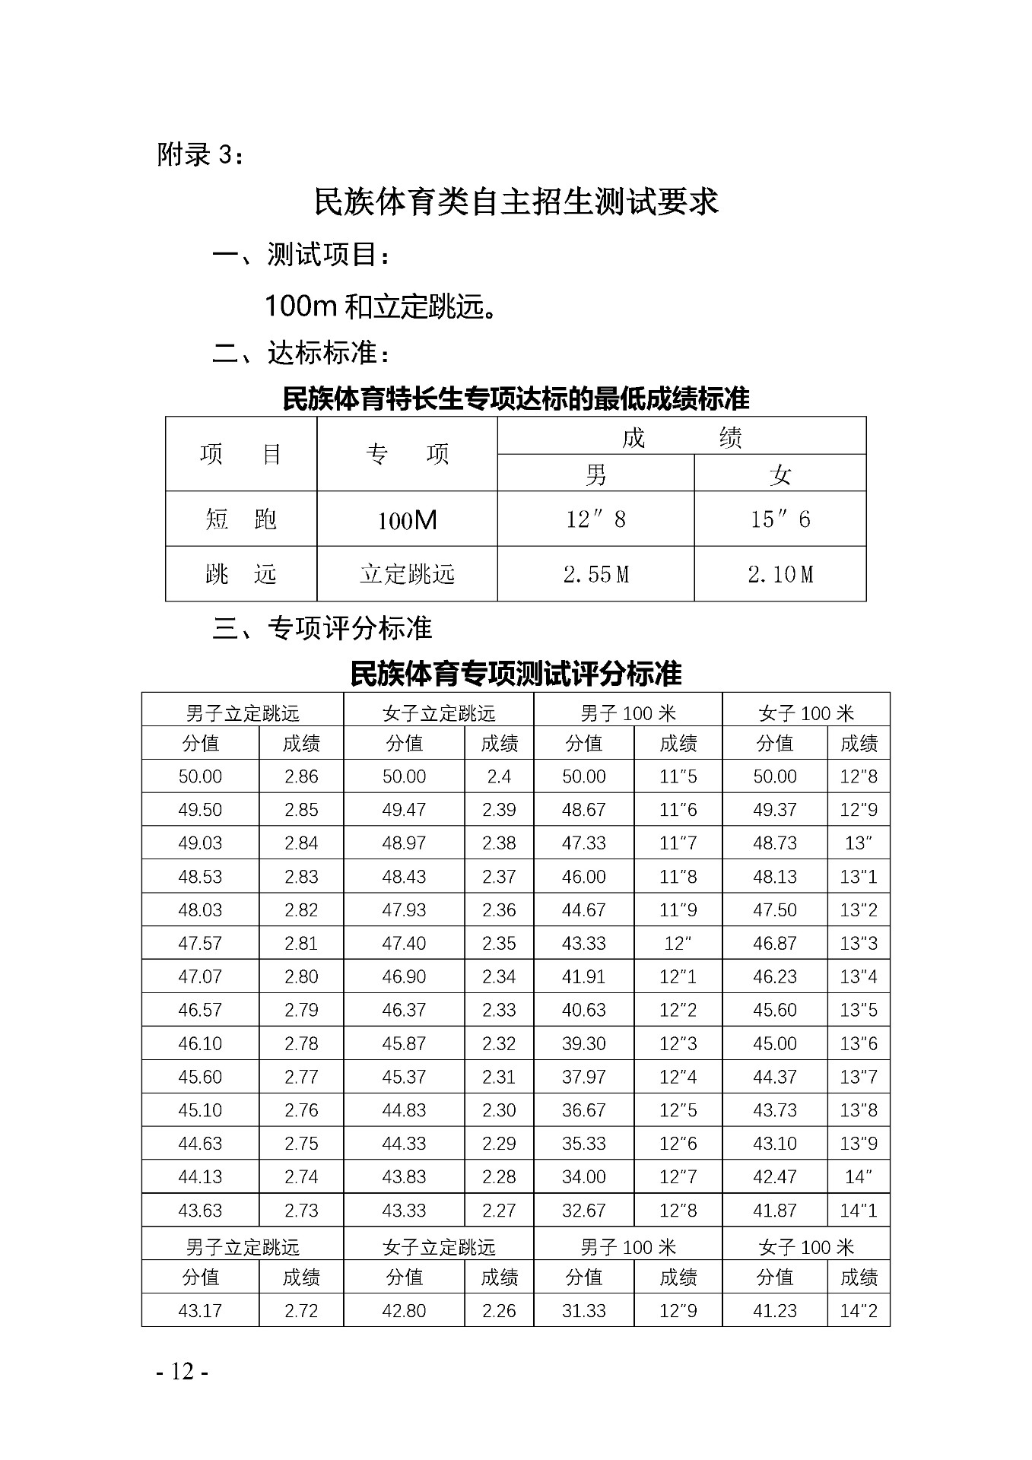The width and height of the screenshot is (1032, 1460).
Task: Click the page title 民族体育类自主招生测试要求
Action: [516, 202]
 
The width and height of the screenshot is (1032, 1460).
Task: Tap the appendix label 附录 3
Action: [201, 154]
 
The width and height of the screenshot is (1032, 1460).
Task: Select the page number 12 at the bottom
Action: [183, 1371]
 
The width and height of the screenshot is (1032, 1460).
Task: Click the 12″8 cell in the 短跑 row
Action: [595, 519]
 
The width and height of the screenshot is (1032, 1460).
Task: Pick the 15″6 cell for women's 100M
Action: [780, 519]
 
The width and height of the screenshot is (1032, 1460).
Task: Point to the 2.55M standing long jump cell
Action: [595, 574]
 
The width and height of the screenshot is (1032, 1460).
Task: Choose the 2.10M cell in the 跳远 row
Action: [780, 574]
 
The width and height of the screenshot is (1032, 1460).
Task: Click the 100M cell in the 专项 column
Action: [407, 520]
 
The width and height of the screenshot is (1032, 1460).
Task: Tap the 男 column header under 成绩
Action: [595, 474]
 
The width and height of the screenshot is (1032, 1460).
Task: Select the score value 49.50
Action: [200, 810]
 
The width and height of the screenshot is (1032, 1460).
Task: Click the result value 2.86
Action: [301, 776]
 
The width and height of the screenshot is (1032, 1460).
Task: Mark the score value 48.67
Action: [583, 810]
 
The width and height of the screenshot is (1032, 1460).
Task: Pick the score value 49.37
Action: [774, 810]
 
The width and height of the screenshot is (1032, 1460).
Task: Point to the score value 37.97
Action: [583, 1077]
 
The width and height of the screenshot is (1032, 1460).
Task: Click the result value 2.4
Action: [499, 776]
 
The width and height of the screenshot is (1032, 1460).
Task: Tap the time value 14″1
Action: [859, 1211]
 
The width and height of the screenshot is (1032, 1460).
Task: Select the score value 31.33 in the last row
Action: [583, 1311]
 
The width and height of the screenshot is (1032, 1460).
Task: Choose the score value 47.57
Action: [200, 944]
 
